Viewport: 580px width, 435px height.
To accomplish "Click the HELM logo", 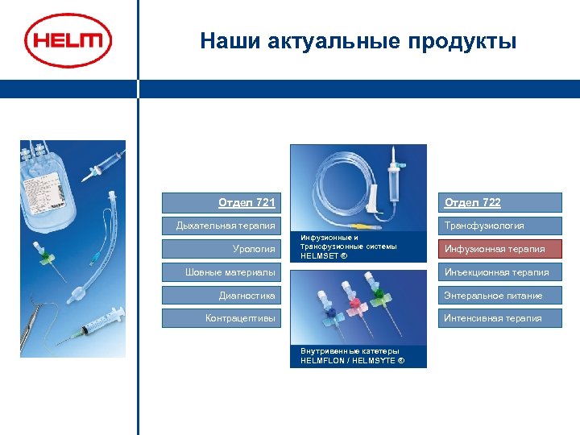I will (68, 39).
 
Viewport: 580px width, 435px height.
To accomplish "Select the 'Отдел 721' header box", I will (219, 202).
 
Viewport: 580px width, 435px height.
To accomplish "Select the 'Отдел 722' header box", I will (499, 202).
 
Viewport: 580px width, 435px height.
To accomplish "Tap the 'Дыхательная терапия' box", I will (219, 226).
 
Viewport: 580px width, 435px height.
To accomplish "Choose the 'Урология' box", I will (219, 249).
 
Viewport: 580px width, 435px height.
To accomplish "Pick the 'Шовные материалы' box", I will (219, 272).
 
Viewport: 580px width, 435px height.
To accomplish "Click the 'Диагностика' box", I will (219, 296).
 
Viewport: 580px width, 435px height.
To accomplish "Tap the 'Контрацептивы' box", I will (219, 318).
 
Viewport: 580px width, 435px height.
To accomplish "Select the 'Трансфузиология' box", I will (499, 226).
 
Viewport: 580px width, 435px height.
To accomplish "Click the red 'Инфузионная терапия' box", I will (499, 249).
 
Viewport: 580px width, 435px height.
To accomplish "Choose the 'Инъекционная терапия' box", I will (499, 272).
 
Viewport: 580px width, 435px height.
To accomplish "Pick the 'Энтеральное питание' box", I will (499, 296).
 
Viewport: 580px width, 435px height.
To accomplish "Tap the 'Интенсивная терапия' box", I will (499, 318).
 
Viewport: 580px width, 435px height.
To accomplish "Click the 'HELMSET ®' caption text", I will (323, 256).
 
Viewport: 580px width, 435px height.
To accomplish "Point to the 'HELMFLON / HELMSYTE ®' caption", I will (352, 361).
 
